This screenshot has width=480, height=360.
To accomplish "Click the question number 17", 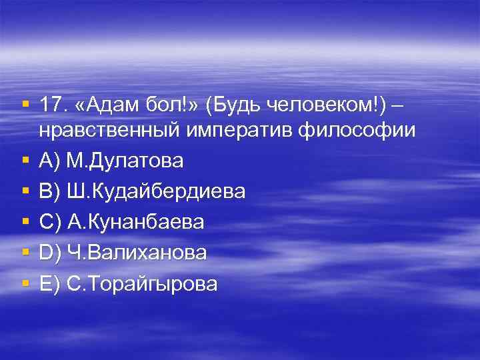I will (x=51, y=105).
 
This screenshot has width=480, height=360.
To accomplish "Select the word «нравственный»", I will (x=111, y=131).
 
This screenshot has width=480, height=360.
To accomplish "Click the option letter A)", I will (x=51, y=161).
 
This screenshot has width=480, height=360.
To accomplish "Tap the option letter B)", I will (x=51, y=192).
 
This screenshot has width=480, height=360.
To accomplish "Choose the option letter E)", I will (x=51, y=284).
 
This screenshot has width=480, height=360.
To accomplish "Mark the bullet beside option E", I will (x=25, y=284).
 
